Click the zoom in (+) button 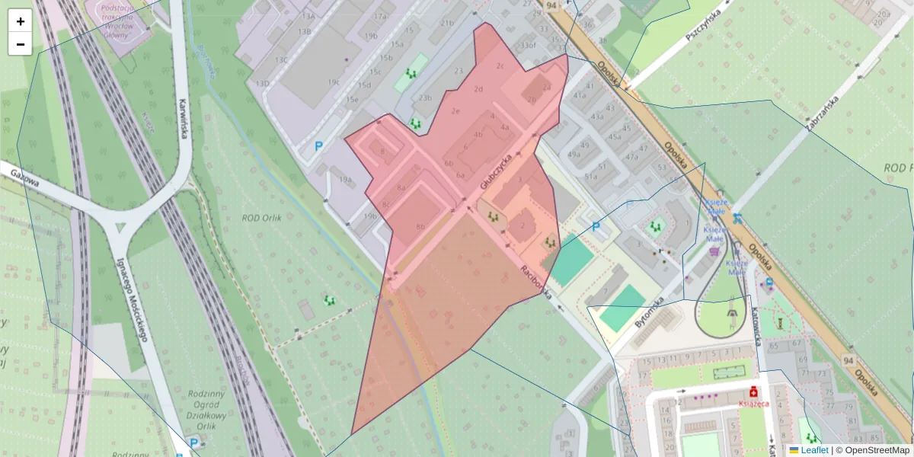(21, 21)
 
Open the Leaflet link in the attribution (814, 450)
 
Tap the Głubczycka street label (494, 171)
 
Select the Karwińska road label (184, 118)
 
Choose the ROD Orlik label (262, 217)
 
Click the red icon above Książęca (753, 391)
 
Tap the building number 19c (334, 81)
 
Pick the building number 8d (420, 227)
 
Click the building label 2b (532, 99)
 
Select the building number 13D (263, 83)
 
